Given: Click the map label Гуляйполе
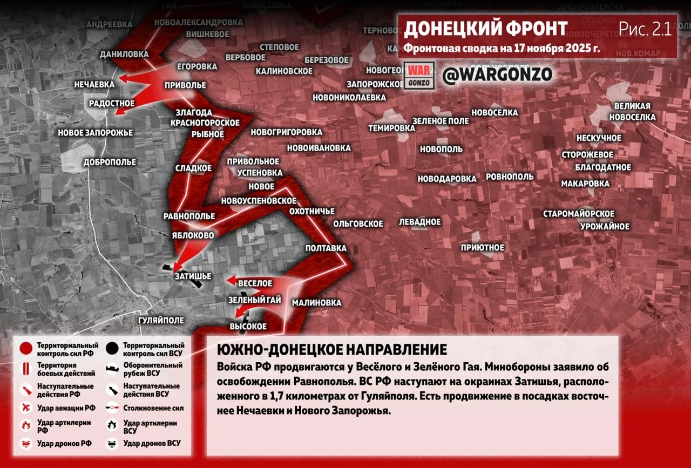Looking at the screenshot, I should (161, 320).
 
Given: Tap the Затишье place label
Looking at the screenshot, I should (193, 276).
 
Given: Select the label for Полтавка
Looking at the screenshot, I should (326, 248).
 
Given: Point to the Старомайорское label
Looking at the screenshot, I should (579, 214).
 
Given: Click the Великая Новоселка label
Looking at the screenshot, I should (632, 112).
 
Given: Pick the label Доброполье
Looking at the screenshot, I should (110, 162).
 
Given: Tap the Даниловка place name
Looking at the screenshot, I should (124, 55).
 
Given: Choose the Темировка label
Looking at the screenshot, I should (391, 128).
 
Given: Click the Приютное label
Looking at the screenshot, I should (482, 248).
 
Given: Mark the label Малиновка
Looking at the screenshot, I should (317, 303).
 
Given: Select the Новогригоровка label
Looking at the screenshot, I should (286, 132).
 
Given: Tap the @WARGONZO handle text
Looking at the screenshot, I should (497, 74).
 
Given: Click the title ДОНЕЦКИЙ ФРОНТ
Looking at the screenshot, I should (485, 29).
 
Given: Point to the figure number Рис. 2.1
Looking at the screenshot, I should (645, 29).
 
